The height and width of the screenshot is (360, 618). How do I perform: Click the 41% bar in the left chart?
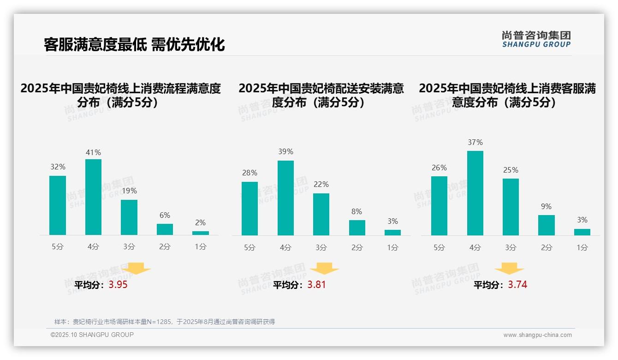(x=93, y=197)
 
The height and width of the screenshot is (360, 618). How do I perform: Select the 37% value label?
(x=475, y=142)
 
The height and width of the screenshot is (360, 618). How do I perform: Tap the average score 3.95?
(x=118, y=285)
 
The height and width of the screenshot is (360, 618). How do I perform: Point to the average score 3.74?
(x=517, y=285)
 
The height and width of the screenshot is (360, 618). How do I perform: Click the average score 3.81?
(x=316, y=285)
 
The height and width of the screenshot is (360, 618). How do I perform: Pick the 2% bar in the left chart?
(x=201, y=233)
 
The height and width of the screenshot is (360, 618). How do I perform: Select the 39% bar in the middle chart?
(x=285, y=198)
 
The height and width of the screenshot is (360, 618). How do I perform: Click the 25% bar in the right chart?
(x=511, y=207)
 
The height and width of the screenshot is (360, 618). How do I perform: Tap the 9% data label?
(x=546, y=206)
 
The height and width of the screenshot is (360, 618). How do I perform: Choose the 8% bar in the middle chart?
(x=357, y=228)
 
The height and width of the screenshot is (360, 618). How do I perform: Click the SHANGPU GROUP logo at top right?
(x=536, y=39)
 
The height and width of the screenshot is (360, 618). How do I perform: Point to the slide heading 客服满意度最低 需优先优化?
(x=134, y=44)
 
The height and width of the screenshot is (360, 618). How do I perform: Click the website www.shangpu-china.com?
(x=537, y=335)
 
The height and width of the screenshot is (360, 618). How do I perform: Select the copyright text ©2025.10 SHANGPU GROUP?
(x=92, y=335)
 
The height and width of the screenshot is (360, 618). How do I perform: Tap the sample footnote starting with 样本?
(x=164, y=322)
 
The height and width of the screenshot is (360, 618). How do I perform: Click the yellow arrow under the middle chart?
(x=324, y=268)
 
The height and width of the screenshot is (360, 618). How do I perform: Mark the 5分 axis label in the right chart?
(x=439, y=247)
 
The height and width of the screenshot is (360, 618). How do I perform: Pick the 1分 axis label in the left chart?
(x=201, y=246)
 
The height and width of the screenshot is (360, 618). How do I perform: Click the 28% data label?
(x=250, y=173)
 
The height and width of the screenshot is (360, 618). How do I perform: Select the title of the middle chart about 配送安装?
(x=321, y=95)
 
